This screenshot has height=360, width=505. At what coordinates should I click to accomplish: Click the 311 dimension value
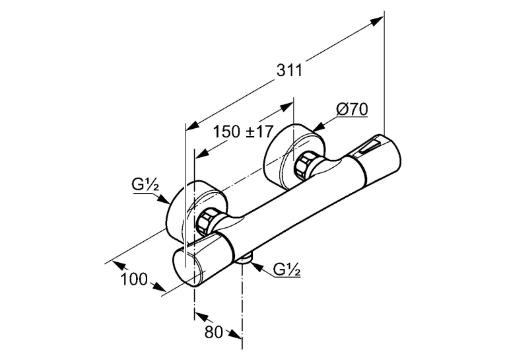pyautogui.click(x=290, y=70)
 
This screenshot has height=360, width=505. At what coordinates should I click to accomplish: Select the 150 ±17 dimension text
pyautogui.click(x=244, y=131)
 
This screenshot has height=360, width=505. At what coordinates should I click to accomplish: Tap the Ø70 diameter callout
pyautogui.click(x=352, y=110)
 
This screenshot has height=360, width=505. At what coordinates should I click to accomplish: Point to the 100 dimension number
pyautogui.click(x=134, y=279)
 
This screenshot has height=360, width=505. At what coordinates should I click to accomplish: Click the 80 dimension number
pyautogui.click(x=214, y=332)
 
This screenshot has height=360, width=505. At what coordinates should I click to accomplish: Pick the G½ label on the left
pyautogui.click(x=145, y=186)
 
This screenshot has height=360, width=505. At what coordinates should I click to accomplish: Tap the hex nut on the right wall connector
pyautogui.click(x=304, y=165)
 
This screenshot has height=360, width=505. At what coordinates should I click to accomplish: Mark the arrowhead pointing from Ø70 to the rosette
pyautogui.click(x=318, y=127)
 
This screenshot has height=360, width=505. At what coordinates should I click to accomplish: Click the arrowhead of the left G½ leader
pyautogui.click(x=164, y=199)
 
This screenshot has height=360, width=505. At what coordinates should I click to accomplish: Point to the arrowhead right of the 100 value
pyautogui.click(x=159, y=287)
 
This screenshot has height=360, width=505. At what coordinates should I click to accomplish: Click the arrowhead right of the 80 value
pyautogui.click(x=235, y=334)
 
